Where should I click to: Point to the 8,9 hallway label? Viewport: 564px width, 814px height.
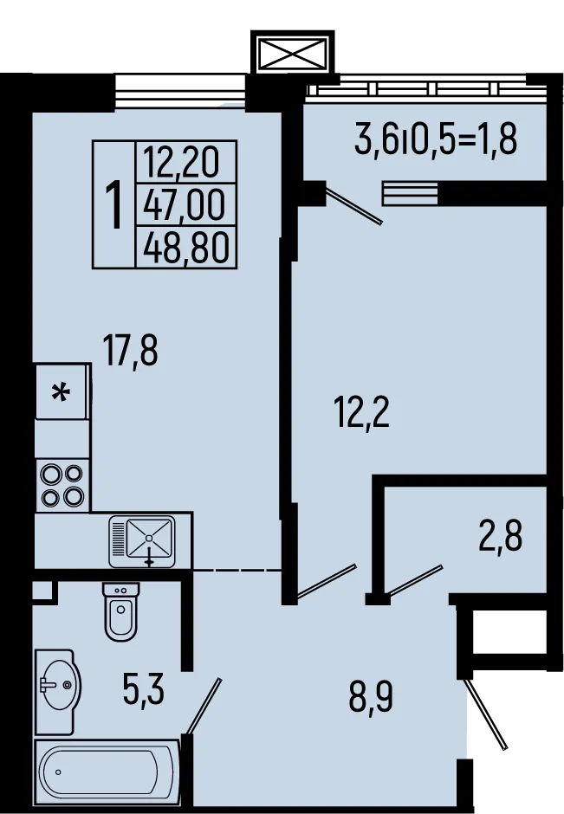(371, 694)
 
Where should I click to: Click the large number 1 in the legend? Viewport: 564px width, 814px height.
(113, 204)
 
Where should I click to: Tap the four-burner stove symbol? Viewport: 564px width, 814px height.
(62, 486)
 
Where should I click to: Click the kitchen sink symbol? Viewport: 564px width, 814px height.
(142, 539)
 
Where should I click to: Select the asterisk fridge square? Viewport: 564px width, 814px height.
(62, 392)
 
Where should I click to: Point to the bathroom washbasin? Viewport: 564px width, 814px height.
(58, 688)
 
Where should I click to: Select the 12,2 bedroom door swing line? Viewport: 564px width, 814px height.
(326, 581)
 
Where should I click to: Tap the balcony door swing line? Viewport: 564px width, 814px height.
(352, 204)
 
